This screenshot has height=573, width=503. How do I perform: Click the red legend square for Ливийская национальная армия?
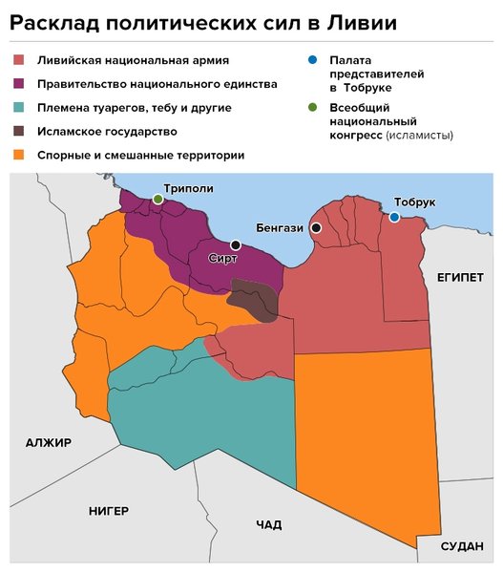[19, 59]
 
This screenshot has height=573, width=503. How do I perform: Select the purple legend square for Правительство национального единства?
[19, 84]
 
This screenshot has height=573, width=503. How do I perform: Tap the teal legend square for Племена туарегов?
[19, 108]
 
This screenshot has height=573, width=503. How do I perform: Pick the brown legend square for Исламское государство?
[19, 131]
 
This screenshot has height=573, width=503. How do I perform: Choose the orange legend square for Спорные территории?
[19, 155]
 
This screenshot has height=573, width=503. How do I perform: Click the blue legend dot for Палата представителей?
[312, 59]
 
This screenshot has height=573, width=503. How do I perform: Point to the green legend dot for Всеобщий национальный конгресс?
[312, 108]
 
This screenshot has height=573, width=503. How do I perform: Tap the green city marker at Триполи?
[157, 199]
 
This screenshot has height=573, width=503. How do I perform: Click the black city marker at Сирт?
[235, 245]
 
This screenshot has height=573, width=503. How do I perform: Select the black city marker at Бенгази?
[315, 227]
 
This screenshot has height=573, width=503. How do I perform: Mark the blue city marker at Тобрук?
[394, 217]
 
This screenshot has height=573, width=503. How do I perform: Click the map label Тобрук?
[413, 202]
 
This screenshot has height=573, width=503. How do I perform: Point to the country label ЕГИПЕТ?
[460, 276]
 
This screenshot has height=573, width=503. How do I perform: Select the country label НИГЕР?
[108, 511]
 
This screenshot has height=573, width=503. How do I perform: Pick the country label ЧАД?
[269, 524]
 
